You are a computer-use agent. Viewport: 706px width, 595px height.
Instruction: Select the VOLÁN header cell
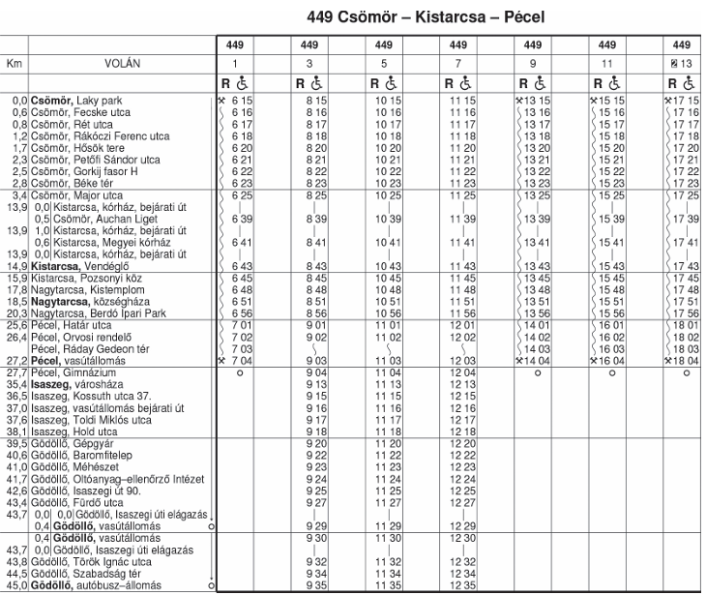point(121,63)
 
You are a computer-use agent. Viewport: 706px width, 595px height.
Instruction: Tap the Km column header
point(14,63)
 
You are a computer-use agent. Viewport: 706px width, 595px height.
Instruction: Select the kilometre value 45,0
point(15,585)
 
